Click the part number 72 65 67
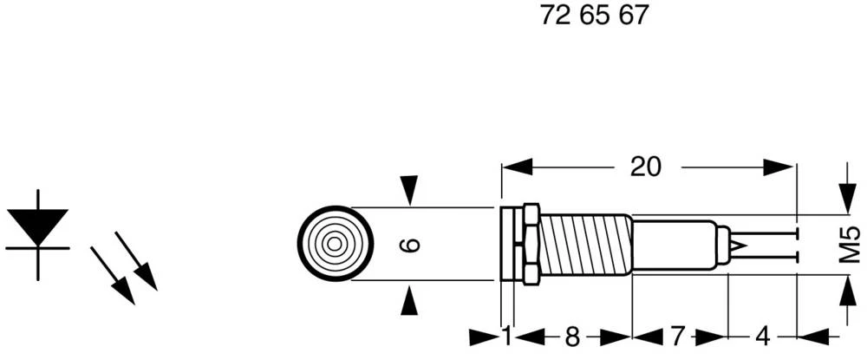click(x=594, y=16)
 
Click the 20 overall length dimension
click(x=645, y=167)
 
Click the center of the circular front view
click(x=335, y=244)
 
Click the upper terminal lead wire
click(x=763, y=233)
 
